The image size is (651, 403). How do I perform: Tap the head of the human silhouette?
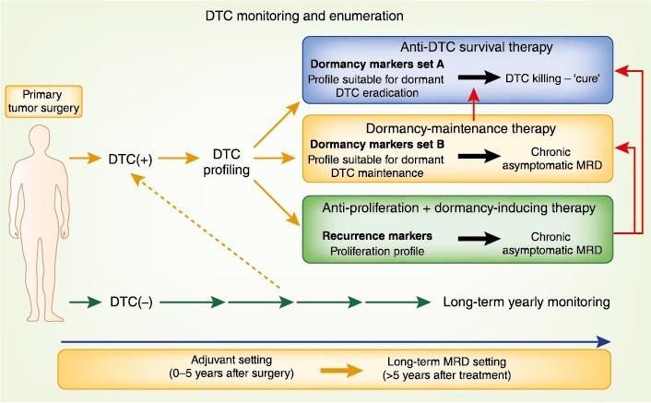36,138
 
